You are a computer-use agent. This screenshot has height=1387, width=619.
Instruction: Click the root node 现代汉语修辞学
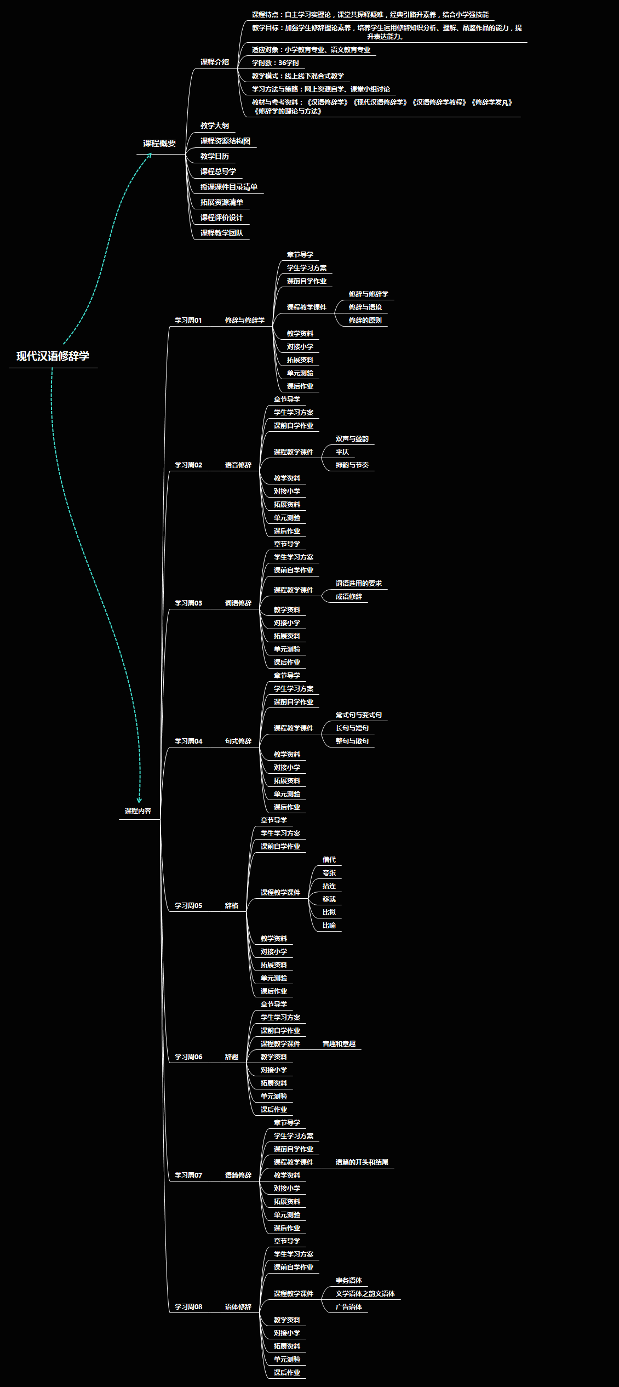coord(53,356)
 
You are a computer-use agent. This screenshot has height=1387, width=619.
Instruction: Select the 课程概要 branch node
coord(159,144)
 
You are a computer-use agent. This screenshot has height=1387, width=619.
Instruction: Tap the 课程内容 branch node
coord(138,811)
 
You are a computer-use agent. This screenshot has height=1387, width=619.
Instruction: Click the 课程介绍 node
coord(215,62)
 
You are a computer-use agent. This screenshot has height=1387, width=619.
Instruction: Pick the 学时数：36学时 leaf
coord(276,63)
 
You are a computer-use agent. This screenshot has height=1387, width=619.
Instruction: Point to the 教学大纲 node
coord(215,126)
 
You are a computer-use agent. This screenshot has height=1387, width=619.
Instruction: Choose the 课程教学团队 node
coord(222,233)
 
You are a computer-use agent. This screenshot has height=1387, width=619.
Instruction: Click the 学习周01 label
coord(188,321)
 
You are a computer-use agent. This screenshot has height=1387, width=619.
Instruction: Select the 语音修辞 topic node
coord(238,465)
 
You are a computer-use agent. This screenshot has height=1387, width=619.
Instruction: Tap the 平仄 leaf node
coord(342,452)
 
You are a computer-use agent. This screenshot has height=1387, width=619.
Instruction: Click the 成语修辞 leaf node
coord(349,597)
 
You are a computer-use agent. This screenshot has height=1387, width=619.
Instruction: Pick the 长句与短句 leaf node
coord(352,728)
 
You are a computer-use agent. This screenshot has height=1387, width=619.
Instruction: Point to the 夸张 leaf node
coord(329,873)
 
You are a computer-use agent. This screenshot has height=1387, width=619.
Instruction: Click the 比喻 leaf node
coord(329,926)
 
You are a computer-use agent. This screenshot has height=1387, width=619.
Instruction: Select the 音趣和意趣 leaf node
coord(339,1044)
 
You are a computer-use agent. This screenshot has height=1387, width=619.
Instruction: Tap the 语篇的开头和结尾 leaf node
coord(362,1162)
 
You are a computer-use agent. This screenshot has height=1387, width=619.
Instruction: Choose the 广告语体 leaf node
coord(349,1307)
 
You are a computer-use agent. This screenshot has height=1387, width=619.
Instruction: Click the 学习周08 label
coord(188,1307)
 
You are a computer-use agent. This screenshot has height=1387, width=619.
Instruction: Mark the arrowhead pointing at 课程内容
coord(139,801)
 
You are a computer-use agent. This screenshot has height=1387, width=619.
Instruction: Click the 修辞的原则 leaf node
coord(365,321)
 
